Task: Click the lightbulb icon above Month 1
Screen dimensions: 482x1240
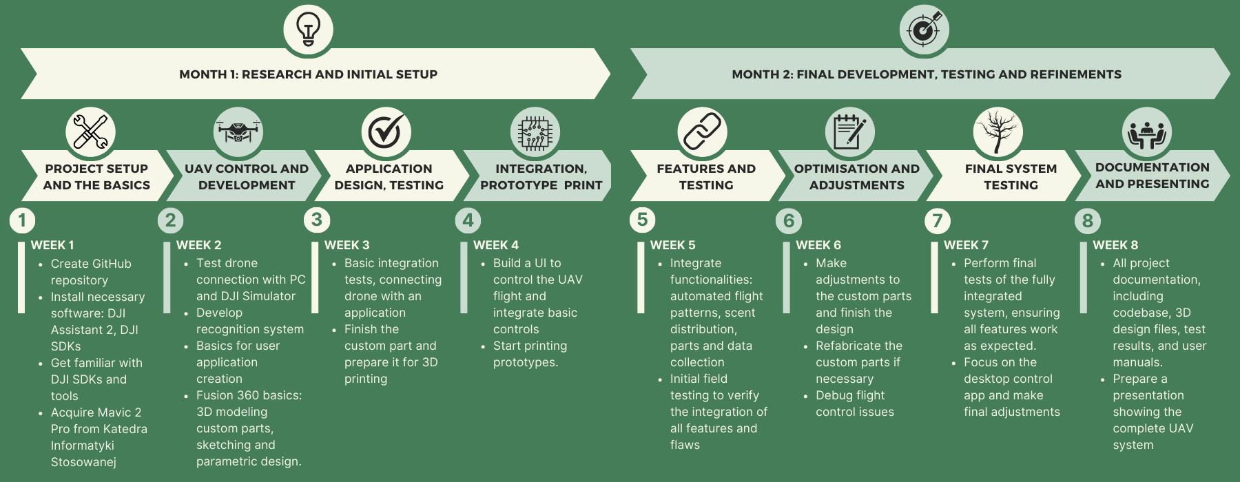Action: click(308, 29)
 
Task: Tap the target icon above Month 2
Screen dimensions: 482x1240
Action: click(924, 29)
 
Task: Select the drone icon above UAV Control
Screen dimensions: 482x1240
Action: click(238, 131)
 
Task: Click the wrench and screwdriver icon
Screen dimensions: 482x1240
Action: click(90, 131)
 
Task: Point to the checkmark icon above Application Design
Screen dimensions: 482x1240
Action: click(386, 131)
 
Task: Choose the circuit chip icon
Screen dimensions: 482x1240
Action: click(535, 132)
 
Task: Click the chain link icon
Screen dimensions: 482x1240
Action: click(701, 131)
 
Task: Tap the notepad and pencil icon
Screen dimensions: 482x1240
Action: click(849, 131)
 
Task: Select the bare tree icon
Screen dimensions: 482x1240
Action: click(998, 131)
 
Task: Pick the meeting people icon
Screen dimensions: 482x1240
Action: click(1146, 132)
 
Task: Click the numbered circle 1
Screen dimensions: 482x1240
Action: click(22, 220)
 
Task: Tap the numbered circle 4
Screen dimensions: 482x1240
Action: click(468, 220)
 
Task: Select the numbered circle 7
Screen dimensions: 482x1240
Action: click(937, 220)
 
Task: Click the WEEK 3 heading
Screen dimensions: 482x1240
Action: click(347, 245)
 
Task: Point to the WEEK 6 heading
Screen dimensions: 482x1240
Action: click(818, 245)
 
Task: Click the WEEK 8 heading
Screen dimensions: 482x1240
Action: click(1115, 245)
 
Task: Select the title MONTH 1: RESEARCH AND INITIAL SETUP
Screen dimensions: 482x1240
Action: click(308, 74)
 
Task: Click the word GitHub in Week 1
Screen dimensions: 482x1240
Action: click(110, 264)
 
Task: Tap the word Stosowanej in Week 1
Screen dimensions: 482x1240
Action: click(83, 462)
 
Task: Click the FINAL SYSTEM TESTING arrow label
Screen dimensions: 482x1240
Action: click(1011, 176)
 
